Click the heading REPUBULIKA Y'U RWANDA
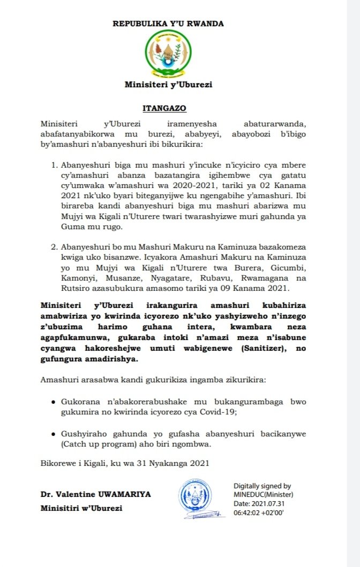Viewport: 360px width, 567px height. point(168,24)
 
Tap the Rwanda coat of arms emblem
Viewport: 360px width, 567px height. point(168,53)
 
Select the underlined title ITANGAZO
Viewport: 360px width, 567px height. point(168,108)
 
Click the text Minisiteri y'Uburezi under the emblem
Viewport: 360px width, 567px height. point(168,85)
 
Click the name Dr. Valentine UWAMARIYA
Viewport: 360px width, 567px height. point(96,494)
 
